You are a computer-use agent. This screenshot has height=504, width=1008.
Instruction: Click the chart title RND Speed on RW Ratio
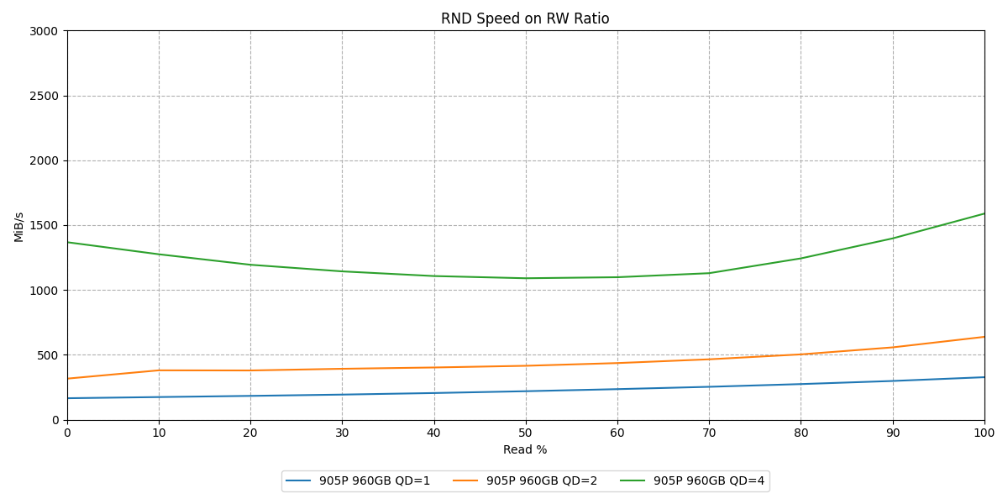[x=525, y=18]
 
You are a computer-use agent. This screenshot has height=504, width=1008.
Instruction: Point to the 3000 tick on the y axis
[x=44, y=31]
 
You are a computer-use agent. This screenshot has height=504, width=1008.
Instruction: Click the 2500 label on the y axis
[x=44, y=96]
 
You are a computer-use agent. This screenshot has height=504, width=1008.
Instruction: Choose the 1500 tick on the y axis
[x=44, y=225]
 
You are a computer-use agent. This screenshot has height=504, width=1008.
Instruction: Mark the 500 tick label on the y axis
[x=48, y=355]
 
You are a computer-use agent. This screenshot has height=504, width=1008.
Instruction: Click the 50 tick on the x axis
[x=525, y=433]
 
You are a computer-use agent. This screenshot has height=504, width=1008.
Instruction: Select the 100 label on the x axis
[x=984, y=433]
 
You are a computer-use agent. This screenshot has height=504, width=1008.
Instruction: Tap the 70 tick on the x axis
[x=709, y=433]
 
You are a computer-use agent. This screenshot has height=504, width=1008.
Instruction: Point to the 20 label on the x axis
[x=250, y=433]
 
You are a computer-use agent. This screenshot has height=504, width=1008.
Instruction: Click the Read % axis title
[x=525, y=449]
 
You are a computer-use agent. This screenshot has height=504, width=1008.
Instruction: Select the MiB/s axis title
[x=18, y=227]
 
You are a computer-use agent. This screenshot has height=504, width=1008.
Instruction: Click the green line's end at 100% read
[x=984, y=213]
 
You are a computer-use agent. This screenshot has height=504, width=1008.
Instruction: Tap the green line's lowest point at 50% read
[x=526, y=278]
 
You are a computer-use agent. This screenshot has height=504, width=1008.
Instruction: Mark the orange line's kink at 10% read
[x=159, y=370]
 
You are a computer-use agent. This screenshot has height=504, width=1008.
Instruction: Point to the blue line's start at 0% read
[x=67, y=398]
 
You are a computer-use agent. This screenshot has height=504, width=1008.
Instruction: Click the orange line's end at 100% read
[x=984, y=337]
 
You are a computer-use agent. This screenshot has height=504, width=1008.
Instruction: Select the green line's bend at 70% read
[x=709, y=273]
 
